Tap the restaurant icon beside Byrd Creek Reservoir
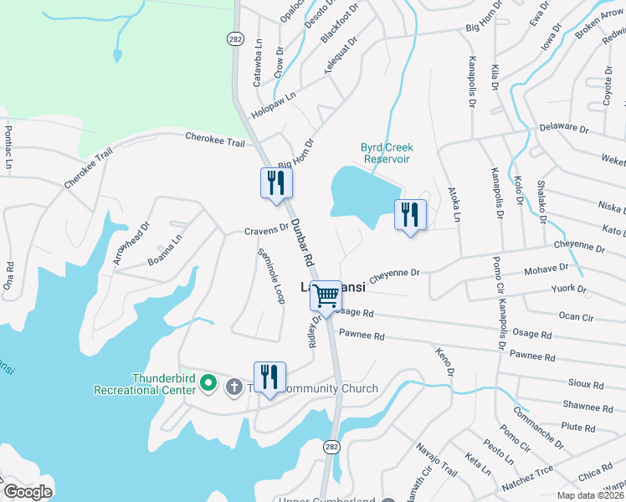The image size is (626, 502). (x=410, y=216)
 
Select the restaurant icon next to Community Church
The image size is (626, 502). (x=269, y=378)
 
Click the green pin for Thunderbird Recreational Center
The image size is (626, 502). (x=210, y=385)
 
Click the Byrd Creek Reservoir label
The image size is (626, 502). (x=387, y=152)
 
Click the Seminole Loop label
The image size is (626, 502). (x=270, y=276)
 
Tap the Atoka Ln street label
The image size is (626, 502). (x=456, y=205)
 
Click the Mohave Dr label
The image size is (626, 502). (x=546, y=270)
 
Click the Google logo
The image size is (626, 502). (x=28, y=491)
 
